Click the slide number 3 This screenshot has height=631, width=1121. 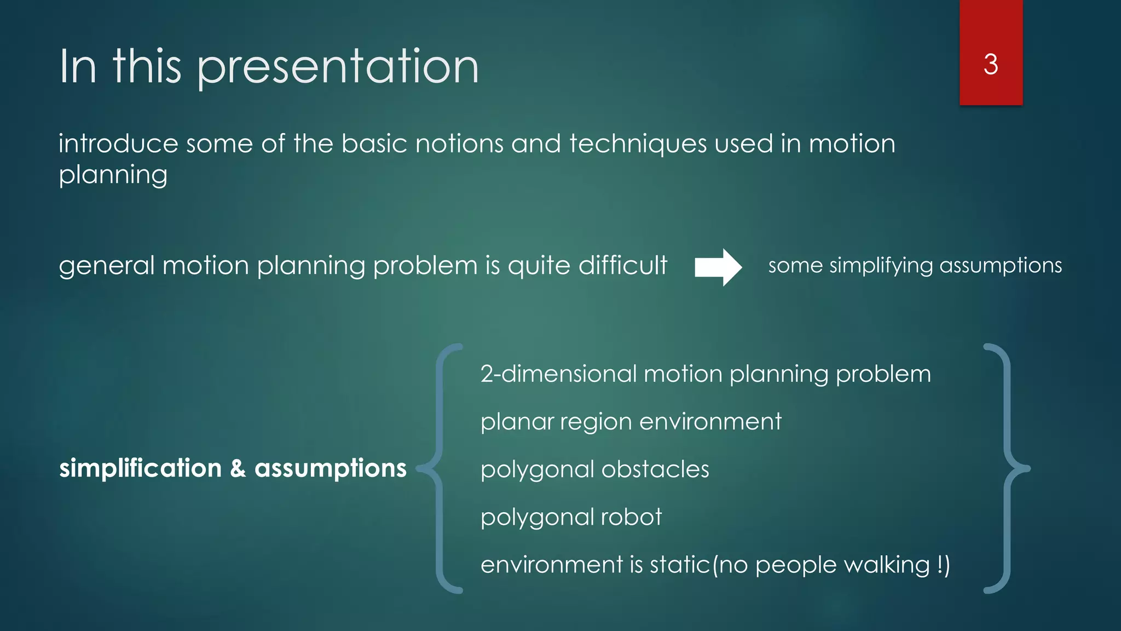[x=990, y=65]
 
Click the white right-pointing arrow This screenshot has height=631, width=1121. [x=718, y=267]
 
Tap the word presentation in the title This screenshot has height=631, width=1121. [x=338, y=67]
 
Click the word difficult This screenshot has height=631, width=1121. [x=622, y=266]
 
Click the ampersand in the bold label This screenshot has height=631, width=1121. [x=238, y=469]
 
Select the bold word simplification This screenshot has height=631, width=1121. [x=140, y=469]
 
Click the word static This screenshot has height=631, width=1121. [x=679, y=565]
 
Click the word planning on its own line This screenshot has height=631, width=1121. [x=113, y=176]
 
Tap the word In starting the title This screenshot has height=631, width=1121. [x=78, y=67]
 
